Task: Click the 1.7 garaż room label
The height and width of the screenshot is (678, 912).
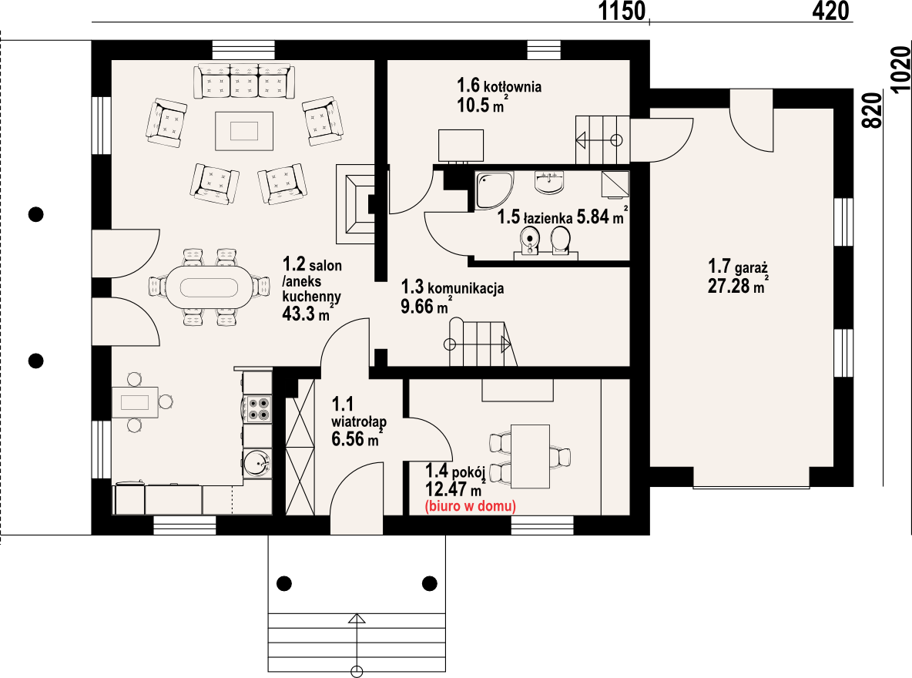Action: [737, 267]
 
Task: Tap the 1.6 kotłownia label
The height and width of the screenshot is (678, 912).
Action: [499, 86]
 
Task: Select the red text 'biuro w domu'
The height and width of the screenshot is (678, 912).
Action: [471, 505]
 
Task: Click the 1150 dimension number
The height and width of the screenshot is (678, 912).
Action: [622, 11]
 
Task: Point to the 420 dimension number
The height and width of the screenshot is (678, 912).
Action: [830, 11]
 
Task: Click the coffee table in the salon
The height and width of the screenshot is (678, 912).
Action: [244, 131]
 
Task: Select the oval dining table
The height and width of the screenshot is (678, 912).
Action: [210, 287]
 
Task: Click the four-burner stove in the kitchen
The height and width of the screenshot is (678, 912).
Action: [256, 408]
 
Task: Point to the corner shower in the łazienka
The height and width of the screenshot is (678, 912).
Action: [494, 190]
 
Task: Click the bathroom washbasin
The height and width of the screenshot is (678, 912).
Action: [549, 182]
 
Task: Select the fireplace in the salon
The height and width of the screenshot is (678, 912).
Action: [355, 204]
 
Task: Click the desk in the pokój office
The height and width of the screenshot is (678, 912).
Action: [530, 456]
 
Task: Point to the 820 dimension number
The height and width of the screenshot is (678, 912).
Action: [872, 111]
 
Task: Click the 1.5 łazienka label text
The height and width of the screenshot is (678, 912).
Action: [535, 217]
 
